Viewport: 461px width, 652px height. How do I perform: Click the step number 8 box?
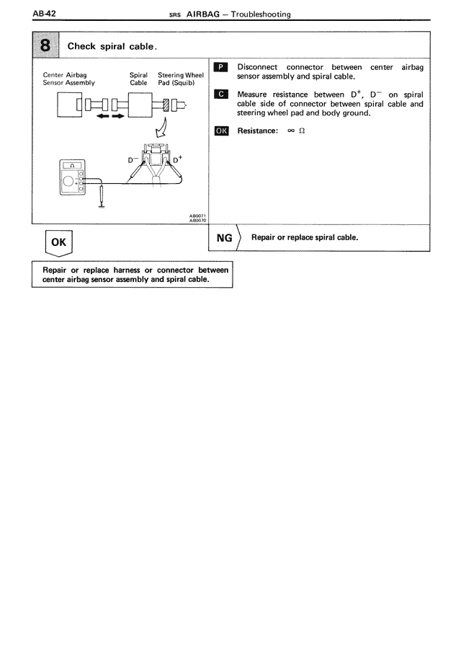coord(45,45)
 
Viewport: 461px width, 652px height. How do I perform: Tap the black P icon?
coord(222,67)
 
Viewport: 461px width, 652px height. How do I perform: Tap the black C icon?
coord(222,94)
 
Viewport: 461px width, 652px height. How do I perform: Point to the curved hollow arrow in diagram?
coord(159,131)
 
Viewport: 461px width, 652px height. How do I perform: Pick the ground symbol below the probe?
coord(101,204)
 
